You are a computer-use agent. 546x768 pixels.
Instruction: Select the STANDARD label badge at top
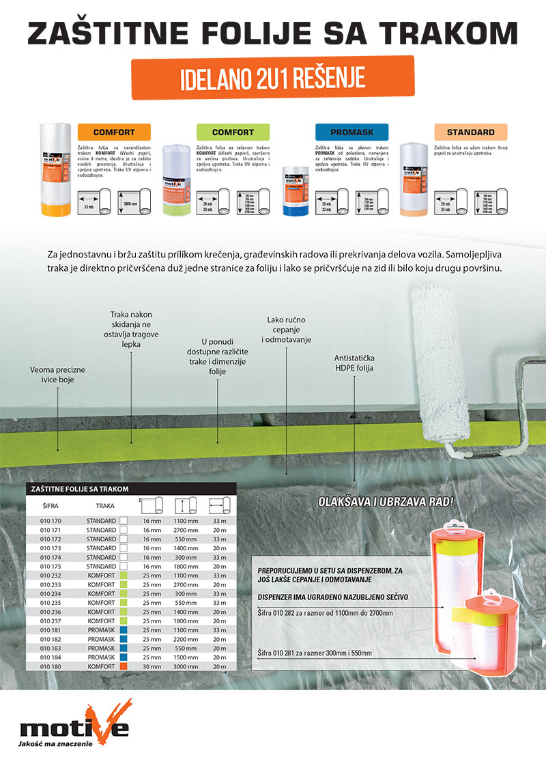coord(470,132)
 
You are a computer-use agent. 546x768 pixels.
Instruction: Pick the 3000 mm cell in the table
coord(186,666)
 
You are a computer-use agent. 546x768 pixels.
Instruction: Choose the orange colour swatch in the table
coord(124,666)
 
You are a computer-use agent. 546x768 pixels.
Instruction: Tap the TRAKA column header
coord(104,506)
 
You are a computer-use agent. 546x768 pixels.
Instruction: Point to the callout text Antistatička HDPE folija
coord(354,363)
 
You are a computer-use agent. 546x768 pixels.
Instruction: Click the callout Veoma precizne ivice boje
coord(58,374)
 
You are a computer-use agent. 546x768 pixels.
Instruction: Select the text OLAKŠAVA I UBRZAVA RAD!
coord(386,502)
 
